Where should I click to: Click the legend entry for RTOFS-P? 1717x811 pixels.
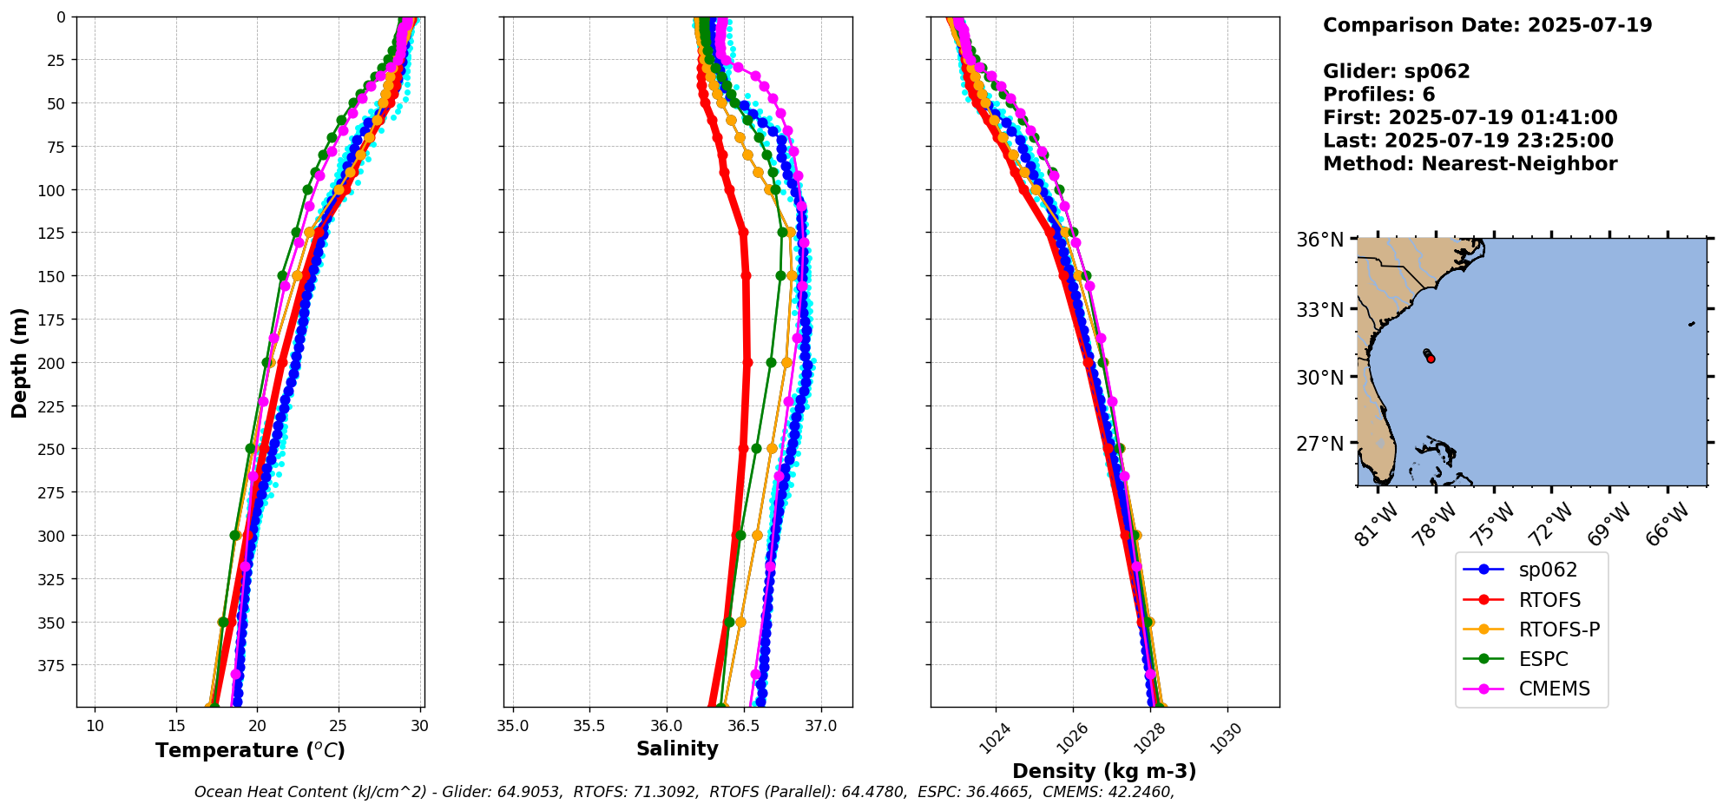pos(1559,630)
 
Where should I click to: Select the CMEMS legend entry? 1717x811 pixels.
pos(1554,689)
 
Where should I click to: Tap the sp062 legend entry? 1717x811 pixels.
pos(1548,570)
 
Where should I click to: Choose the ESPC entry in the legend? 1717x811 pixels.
pos(1543,659)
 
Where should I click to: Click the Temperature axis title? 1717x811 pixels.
pos(250,750)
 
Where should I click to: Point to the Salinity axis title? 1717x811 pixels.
pos(677,748)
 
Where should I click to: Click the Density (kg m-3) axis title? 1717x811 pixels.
pos(1104,770)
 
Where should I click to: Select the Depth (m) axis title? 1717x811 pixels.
pos(20,362)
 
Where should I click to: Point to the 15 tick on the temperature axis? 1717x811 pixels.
pos(176,726)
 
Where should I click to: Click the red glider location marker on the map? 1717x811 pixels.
pos(1431,359)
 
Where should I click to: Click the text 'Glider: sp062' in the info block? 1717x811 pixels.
pos(1396,71)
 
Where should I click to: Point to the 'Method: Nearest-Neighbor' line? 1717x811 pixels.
pos(1470,164)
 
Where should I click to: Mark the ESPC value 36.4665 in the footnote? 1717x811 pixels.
pos(998,792)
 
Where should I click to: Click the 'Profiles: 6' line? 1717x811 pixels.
pos(1378,95)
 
